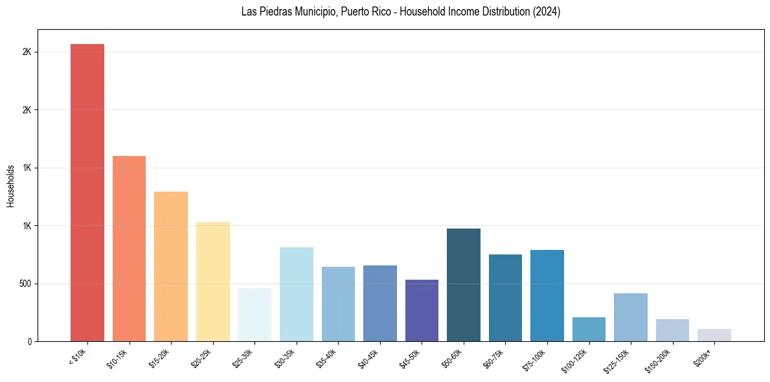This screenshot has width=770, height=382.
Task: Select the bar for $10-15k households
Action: coord(129,249)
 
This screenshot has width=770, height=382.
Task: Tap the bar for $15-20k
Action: coord(171,266)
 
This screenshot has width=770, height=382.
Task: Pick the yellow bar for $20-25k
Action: coord(212,282)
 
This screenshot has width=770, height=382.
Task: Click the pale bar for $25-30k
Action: coord(255,315)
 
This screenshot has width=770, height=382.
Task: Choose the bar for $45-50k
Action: coord(422,310)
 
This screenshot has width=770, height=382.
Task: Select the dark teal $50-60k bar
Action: coord(464,285)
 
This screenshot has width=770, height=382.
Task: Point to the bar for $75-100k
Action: coord(547,295)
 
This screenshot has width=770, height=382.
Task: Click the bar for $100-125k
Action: coord(589,329)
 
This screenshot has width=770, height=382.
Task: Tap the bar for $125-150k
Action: coord(631,317)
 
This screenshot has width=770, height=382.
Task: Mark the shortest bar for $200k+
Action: coord(714,335)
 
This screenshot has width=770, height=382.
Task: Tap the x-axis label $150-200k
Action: coord(659,359)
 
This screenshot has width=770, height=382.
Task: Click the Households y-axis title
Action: coord(11,186)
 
